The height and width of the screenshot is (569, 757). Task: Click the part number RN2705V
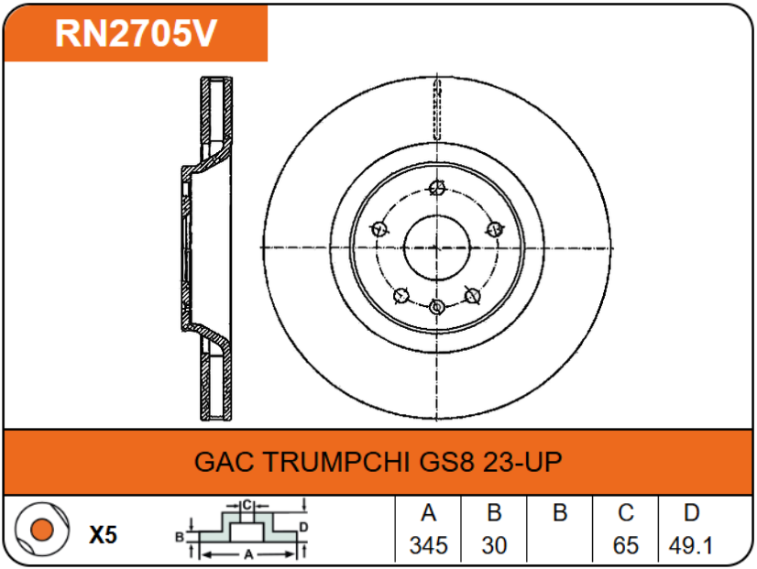click(x=136, y=33)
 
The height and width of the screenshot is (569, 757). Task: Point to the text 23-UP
click(x=522, y=461)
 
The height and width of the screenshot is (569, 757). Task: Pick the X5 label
click(x=104, y=535)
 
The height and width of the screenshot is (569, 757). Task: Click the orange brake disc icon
click(x=39, y=530)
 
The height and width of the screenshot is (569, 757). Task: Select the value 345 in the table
click(x=428, y=546)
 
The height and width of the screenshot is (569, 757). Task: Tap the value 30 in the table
click(x=494, y=546)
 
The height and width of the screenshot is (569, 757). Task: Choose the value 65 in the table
click(x=625, y=546)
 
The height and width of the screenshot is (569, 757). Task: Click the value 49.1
click(x=691, y=546)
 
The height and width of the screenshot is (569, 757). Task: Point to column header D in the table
click(x=692, y=513)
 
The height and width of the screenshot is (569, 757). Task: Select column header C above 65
click(x=625, y=513)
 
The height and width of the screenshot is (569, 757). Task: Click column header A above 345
click(x=428, y=513)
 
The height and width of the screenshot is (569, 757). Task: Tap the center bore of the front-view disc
click(x=436, y=247)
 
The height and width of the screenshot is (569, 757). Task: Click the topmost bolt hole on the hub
click(x=436, y=190)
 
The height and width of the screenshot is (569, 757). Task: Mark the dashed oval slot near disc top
click(x=437, y=109)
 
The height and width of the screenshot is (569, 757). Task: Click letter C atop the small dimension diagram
click(x=246, y=505)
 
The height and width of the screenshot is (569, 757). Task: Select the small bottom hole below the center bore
click(x=437, y=305)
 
